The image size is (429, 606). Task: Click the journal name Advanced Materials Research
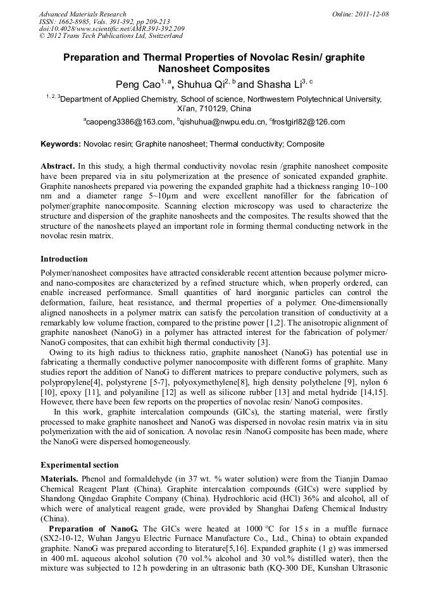[82, 14]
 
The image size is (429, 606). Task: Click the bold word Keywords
[60, 144]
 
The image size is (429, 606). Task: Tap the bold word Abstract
[58, 165]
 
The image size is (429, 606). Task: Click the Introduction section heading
[64, 259]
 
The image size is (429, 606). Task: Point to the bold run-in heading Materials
[60, 480]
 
